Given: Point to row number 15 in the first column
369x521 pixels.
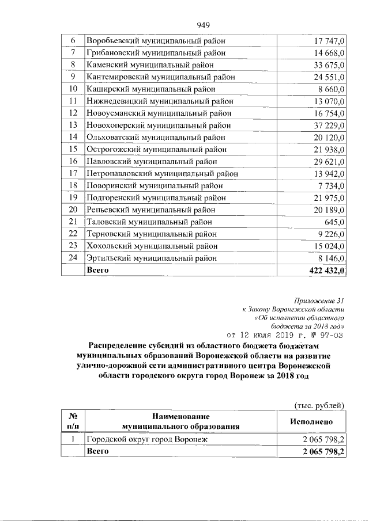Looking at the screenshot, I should [x=73, y=149].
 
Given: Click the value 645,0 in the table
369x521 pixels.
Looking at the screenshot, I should [x=335, y=222].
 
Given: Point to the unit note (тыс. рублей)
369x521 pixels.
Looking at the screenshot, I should [x=319, y=405].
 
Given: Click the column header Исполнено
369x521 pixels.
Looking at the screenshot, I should [x=311, y=421].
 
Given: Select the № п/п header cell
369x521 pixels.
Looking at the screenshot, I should [x=73, y=421].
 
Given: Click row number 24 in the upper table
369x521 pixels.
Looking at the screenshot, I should [x=73, y=258].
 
